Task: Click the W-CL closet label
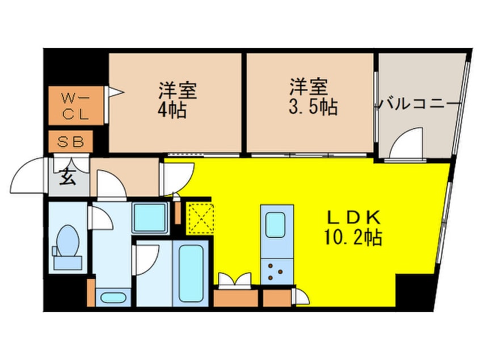[x=75, y=106]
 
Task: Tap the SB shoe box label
[x=71, y=141]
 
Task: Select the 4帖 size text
[x=172, y=110]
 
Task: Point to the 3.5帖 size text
[x=313, y=107]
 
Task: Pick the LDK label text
[x=354, y=218]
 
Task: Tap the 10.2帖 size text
[x=353, y=237]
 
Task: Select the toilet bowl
[x=68, y=241]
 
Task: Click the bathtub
[x=191, y=273]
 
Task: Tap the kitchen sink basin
[x=275, y=225]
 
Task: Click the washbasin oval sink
[x=113, y=298]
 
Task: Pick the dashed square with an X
[x=200, y=218]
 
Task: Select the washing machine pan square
[x=150, y=217]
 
